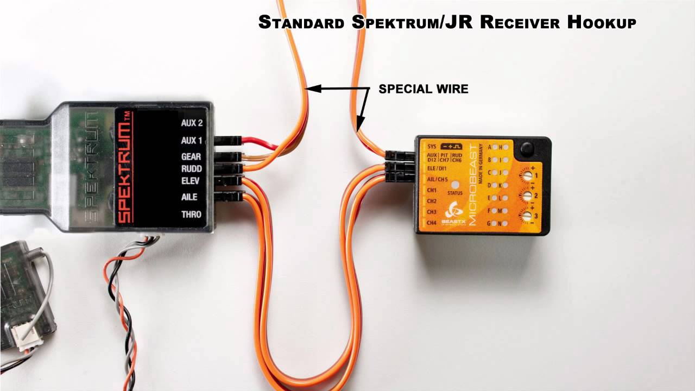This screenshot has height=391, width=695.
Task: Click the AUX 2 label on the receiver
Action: pos(191,123)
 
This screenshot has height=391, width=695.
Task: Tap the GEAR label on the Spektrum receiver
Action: pos(191,157)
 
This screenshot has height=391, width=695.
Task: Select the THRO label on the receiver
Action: pos(191,215)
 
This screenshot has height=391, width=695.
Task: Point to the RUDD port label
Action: pos(191,168)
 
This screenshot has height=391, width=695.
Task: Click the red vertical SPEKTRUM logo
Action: pos(125,166)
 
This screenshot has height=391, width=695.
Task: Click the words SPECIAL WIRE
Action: pos(423,89)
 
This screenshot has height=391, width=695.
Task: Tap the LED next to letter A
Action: pos(496,147)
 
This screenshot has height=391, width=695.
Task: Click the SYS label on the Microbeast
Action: pos(432,147)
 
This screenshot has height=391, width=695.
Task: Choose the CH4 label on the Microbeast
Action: pos(432,223)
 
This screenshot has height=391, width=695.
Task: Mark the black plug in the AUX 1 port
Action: pos(228,141)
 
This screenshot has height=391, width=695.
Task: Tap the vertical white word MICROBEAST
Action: pos(472,185)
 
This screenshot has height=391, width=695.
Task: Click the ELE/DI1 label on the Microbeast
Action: pos(438,168)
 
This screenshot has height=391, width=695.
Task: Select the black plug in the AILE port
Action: pos(228,196)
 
